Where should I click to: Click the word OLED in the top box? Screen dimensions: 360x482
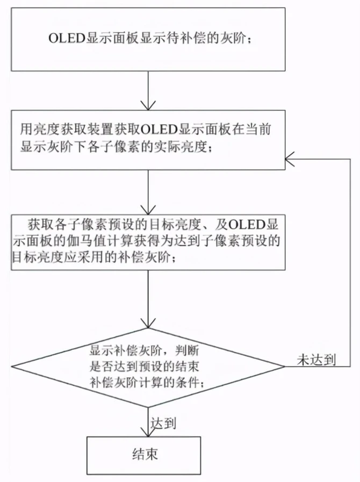point(67,39)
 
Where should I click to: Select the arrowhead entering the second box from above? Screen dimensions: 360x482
point(148,105)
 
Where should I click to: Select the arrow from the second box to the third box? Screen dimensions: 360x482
point(148,192)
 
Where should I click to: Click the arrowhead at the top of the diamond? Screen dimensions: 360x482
point(148,323)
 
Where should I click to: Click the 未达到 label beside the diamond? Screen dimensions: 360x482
point(316,359)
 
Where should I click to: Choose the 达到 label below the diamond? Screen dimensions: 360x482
point(163,423)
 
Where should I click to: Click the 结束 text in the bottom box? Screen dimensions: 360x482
point(145,454)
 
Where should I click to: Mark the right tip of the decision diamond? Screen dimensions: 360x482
point(285,366)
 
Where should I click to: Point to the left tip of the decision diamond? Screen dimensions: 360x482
point(12,367)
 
